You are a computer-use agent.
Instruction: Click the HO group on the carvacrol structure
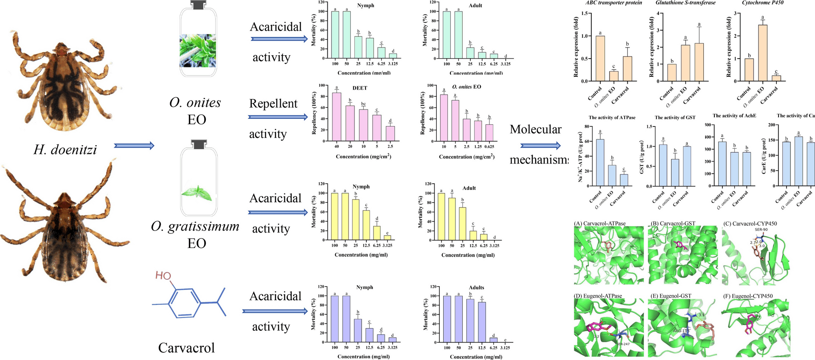click(x=163, y=276)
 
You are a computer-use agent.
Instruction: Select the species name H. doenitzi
click(x=65, y=149)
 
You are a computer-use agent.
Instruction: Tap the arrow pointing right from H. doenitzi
click(x=134, y=146)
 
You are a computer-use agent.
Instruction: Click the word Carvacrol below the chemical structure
click(x=186, y=348)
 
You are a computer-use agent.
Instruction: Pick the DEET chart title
click(x=360, y=88)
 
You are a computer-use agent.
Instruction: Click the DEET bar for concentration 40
click(x=337, y=117)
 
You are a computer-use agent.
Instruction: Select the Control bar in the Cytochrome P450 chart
click(x=749, y=70)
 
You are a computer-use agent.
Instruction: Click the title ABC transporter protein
click(x=614, y=3)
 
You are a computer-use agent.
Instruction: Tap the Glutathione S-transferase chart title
click(x=686, y=3)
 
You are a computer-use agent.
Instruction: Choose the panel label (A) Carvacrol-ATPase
click(x=600, y=223)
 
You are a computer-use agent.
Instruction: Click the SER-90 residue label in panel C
click(x=761, y=230)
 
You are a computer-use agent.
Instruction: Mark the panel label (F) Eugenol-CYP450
click(x=747, y=296)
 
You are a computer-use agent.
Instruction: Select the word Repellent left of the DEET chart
click(x=273, y=104)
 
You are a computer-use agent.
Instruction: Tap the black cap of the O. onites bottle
click(x=197, y=5)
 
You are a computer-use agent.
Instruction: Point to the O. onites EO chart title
click(x=467, y=87)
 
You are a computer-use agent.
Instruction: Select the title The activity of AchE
click(x=734, y=115)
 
